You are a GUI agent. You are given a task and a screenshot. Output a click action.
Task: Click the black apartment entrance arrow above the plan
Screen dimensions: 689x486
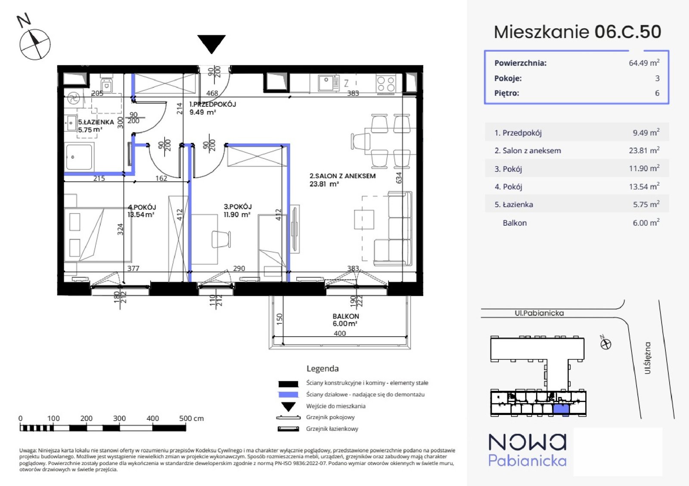(211, 43)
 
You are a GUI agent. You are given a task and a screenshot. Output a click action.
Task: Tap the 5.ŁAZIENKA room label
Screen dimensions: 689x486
(96, 122)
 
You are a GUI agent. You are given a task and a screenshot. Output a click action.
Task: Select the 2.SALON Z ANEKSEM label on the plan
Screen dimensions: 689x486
(342, 176)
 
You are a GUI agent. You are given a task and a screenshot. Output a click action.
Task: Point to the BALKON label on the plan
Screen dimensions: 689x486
(345, 316)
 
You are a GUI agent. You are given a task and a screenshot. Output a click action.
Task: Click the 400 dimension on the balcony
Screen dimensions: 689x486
(340, 333)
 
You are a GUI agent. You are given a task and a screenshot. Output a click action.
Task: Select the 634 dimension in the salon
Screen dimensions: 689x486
(399, 178)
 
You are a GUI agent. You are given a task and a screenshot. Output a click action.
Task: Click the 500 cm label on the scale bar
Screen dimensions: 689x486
(191, 418)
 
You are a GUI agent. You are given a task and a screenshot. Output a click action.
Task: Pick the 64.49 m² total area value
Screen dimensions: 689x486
(644, 63)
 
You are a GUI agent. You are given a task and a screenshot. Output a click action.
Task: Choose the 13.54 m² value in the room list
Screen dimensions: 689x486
(644, 186)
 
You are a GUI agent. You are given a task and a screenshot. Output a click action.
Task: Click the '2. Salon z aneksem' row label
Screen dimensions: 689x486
(528, 151)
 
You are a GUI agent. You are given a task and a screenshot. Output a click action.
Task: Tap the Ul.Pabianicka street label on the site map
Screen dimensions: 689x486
(539, 313)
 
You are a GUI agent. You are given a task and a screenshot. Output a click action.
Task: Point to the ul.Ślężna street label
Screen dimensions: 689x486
(648, 358)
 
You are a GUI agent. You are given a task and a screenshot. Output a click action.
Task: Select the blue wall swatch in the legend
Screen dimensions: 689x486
(288, 394)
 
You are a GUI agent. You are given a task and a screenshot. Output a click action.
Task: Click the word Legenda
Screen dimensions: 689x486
(323, 368)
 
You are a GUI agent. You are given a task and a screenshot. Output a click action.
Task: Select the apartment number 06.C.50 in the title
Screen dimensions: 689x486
(627, 32)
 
